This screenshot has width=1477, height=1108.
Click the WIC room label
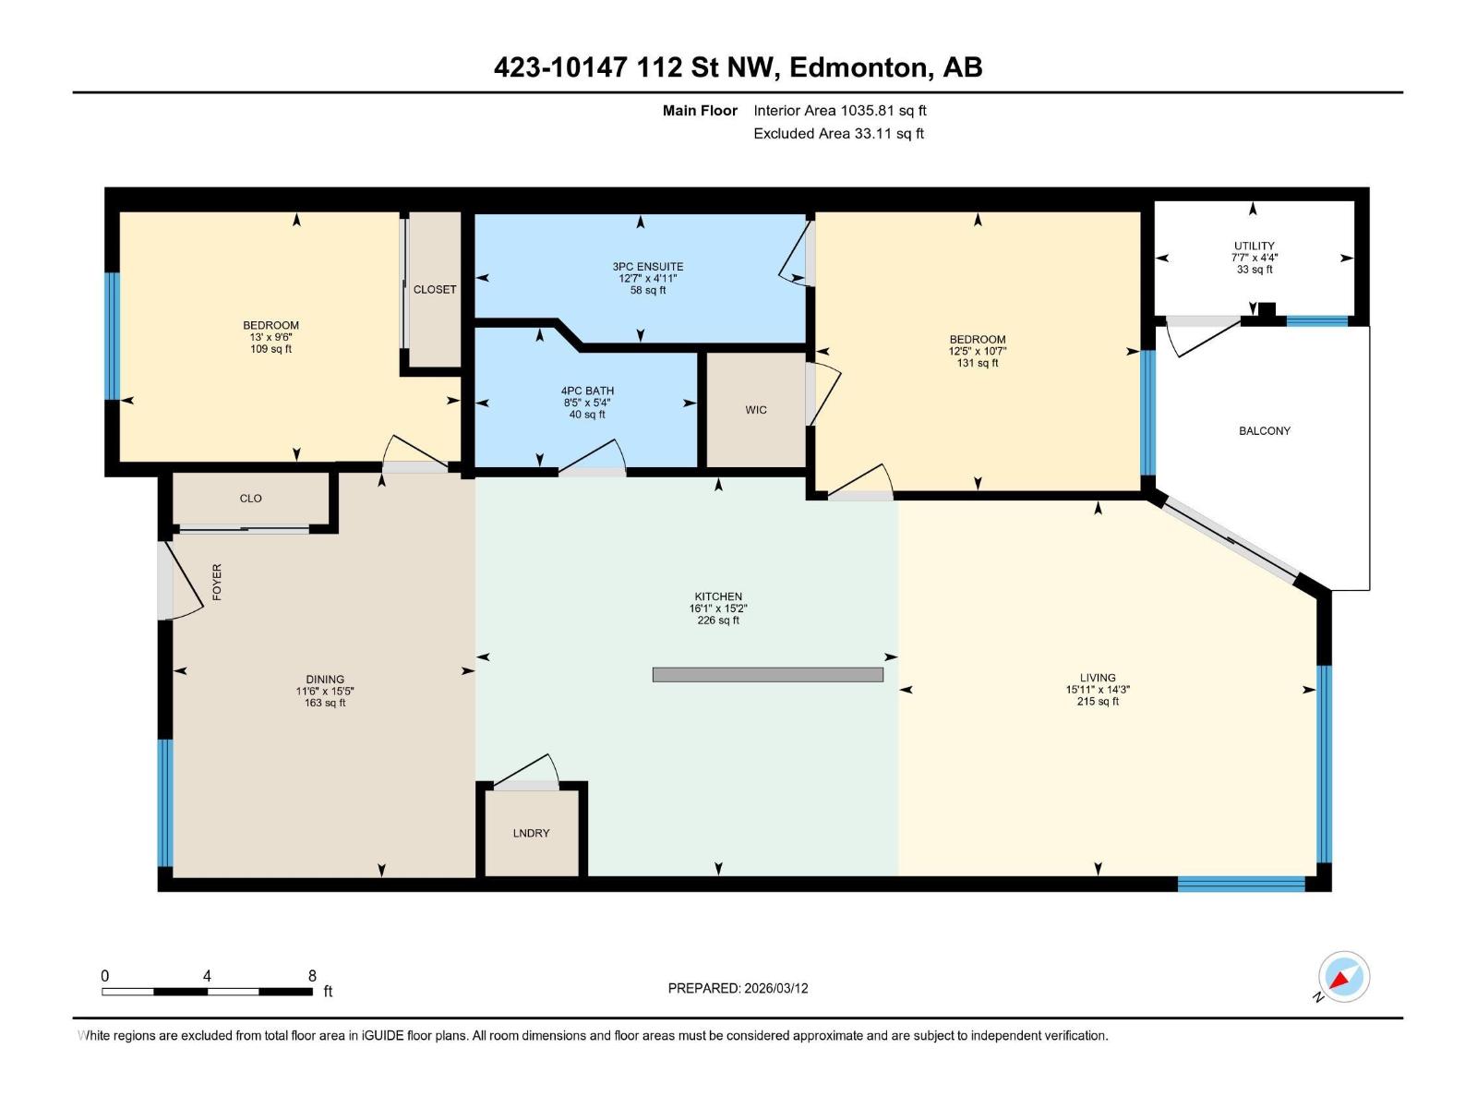point(756,410)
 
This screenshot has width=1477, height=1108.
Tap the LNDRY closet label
point(531,833)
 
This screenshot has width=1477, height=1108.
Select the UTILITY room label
point(1254,246)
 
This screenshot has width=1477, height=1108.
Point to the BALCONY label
point(1264,431)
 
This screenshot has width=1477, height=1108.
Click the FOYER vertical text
point(218,582)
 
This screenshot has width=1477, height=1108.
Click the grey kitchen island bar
point(767,675)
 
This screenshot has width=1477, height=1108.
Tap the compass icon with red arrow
point(1343,977)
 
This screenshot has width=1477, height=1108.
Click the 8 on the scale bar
point(312,976)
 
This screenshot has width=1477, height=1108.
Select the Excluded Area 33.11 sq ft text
point(838,134)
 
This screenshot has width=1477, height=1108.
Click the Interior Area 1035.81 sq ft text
point(839,111)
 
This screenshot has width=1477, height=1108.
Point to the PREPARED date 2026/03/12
point(738,988)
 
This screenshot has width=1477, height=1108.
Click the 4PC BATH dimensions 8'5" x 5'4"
point(587,403)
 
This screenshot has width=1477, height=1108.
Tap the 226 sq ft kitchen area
point(718,620)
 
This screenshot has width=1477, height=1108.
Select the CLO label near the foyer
point(250,499)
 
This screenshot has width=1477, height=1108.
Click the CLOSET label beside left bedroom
point(435,290)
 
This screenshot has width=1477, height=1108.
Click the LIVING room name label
point(1098,678)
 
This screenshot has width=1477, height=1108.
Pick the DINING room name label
point(325,680)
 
